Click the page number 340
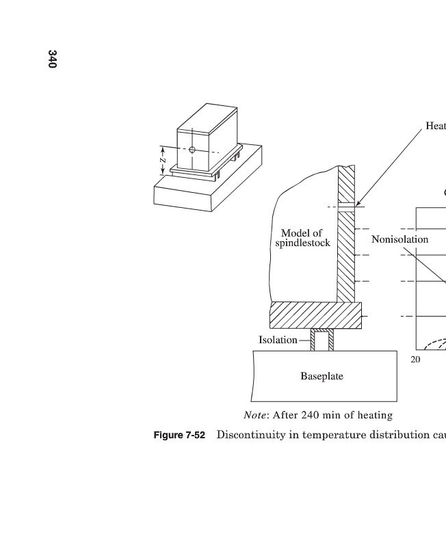click(x=53, y=59)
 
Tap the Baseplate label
click(x=322, y=376)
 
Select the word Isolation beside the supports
click(x=278, y=340)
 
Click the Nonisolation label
click(x=399, y=239)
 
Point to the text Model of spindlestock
click(x=302, y=238)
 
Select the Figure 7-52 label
click(x=179, y=436)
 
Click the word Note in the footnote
click(x=255, y=415)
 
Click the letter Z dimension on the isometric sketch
click(x=162, y=159)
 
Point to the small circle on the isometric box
click(x=192, y=149)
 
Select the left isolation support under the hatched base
click(x=313, y=339)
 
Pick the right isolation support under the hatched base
click(x=331, y=339)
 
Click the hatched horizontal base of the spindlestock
click(x=315, y=315)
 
